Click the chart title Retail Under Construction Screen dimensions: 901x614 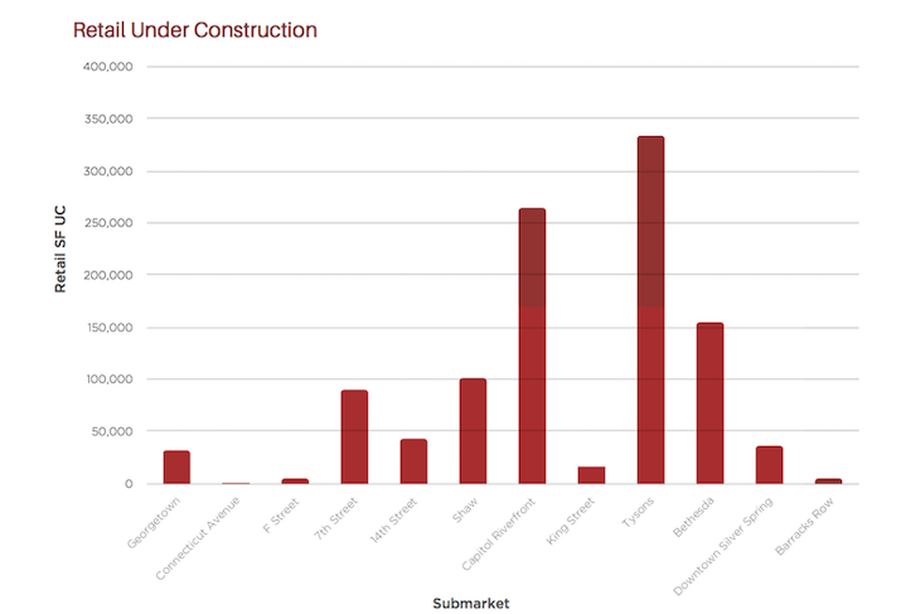click(x=195, y=30)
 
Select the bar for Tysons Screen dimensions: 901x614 click(x=650, y=310)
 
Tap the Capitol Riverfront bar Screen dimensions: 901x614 click(x=532, y=346)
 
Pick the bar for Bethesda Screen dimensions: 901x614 click(x=710, y=403)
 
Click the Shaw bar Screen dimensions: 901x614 click(x=473, y=431)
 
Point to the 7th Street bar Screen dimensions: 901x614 click(x=354, y=437)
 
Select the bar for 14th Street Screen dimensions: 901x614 click(x=414, y=461)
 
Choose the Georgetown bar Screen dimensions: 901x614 click(x=176, y=467)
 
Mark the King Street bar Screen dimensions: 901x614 click(x=591, y=475)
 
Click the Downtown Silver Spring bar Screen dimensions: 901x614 click(x=769, y=465)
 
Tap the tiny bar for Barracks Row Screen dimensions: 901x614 click(x=828, y=482)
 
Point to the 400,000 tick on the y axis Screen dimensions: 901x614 click(x=107, y=67)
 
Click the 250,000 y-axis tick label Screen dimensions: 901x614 click(x=108, y=223)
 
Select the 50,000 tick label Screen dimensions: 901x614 click(x=112, y=431)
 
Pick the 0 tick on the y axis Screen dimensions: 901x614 click(x=129, y=484)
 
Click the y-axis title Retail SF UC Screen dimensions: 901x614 click(x=60, y=249)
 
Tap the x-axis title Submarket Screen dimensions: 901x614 click(x=470, y=603)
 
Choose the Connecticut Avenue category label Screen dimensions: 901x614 click(x=198, y=538)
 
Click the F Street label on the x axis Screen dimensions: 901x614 click(x=281, y=515)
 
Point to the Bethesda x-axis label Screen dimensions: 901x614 click(x=694, y=517)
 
